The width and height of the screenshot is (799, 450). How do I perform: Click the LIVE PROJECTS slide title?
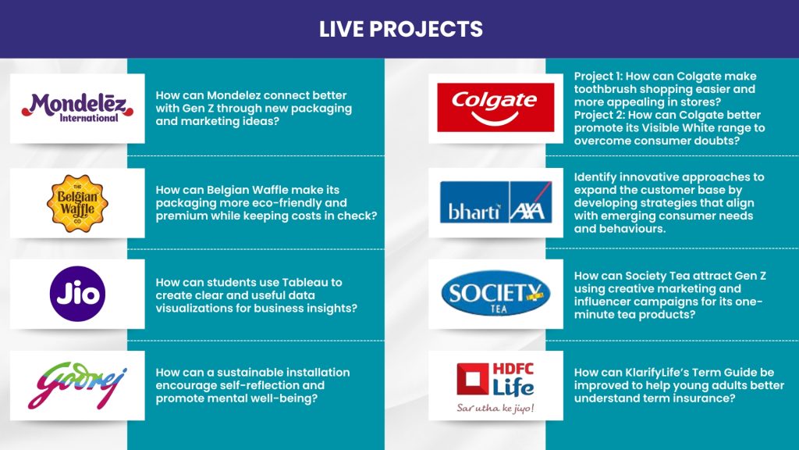point(400,29)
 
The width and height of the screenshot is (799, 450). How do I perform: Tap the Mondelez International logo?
point(77,108)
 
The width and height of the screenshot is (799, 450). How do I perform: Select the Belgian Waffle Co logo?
point(77,203)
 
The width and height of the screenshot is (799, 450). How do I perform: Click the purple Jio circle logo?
point(77,294)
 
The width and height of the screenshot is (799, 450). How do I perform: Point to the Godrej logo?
point(77,385)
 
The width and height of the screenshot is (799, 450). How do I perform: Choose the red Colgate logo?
point(495,108)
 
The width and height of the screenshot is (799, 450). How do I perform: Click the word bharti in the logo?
point(474,211)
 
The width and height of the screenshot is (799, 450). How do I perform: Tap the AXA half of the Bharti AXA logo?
point(531,202)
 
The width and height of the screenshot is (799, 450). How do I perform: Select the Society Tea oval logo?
point(495,294)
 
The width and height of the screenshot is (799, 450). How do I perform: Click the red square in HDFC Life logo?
point(472,379)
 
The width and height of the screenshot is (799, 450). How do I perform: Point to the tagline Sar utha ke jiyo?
point(495,408)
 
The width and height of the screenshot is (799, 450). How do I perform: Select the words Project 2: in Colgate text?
point(599,115)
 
